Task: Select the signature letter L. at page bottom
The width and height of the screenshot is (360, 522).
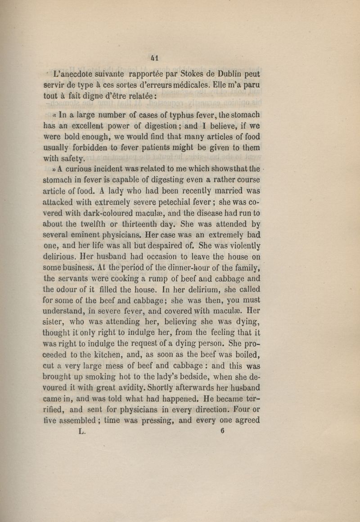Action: [x=81, y=431]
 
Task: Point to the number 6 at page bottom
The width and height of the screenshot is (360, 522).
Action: [x=222, y=430]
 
